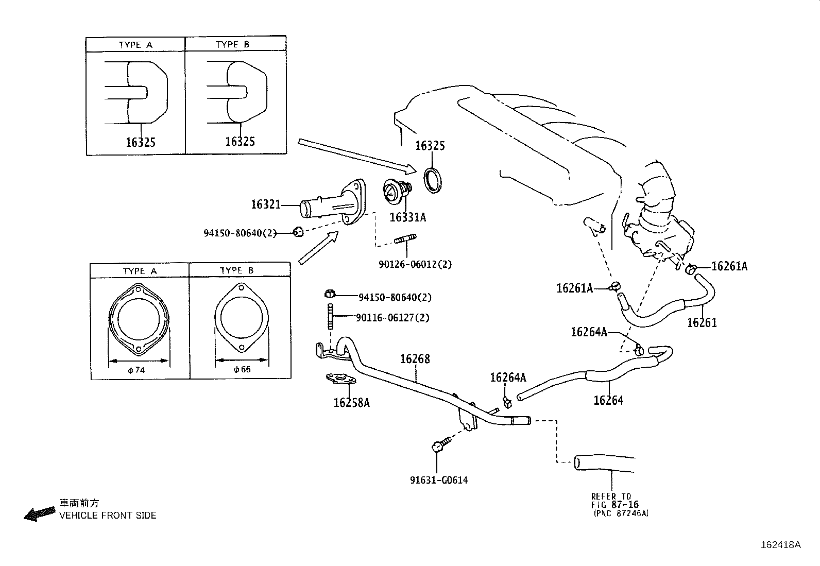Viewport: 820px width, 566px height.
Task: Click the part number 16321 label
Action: [x=265, y=205]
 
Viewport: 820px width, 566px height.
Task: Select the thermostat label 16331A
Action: [x=407, y=217]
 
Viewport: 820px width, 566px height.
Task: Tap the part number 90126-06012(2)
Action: [x=415, y=264]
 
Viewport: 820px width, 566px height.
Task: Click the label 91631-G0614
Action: [x=439, y=480]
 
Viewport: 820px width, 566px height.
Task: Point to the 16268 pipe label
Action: [x=415, y=359]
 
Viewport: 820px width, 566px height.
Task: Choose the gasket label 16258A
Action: [x=351, y=402]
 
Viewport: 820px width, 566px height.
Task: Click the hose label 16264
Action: [x=608, y=400]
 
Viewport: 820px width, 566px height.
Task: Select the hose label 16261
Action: [x=702, y=323]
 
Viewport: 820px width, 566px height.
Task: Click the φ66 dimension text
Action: [x=242, y=369]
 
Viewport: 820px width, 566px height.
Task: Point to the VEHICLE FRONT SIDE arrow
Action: [x=40, y=513]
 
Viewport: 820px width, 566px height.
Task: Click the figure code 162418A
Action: [x=781, y=545]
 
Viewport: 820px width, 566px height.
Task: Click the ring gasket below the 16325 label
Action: [x=433, y=180]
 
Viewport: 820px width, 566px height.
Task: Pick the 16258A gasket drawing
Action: [x=340, y=381]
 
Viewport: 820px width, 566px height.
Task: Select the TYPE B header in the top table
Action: [x=232, y=45]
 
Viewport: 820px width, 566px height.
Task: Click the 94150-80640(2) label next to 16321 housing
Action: [x=240, y=233]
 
